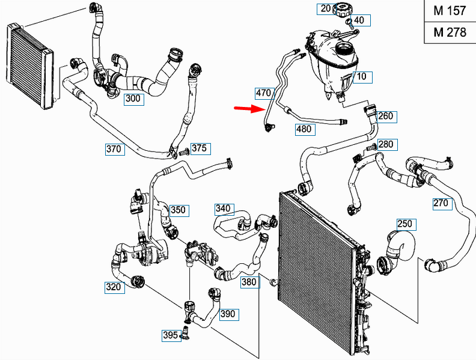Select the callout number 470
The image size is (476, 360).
pos(264,93)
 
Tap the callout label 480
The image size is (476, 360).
pos(304,129)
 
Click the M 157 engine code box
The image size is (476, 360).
pos(450,11)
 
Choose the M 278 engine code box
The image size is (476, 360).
pos(450,32)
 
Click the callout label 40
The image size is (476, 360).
pos(359,20)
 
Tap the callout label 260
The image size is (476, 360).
pos(386,116)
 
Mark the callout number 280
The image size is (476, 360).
pos(386,144)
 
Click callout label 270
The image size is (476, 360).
pos(441,203)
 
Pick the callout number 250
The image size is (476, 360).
pos(406,224)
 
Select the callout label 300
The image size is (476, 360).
pos(134,99)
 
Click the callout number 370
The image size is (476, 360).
pos(114,149)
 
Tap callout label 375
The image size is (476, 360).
pos(200,148)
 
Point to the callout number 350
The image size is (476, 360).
pos(178,210)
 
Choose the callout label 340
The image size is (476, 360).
pos(223,209)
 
